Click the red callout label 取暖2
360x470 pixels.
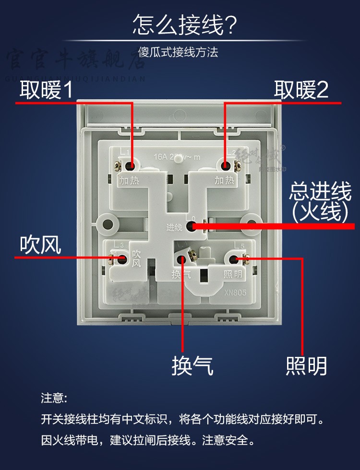301,90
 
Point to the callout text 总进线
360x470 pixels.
321,193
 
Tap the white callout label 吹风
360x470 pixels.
40,245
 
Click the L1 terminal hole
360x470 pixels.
131,165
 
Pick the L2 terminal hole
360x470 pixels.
225,165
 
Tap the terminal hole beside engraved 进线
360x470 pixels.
191,225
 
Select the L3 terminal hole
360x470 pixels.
122,259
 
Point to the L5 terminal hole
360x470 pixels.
234,259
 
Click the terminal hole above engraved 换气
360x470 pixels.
182,259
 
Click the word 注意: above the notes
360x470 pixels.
54,399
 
